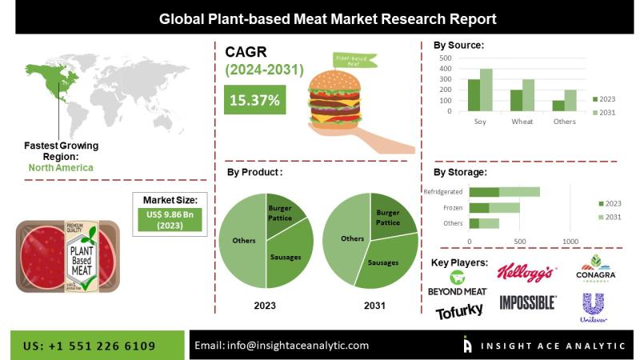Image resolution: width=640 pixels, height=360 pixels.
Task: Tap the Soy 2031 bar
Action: [x=486, y=90]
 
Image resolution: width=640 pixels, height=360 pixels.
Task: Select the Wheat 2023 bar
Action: [x=516, y=101]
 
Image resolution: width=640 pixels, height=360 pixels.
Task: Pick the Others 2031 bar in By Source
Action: [x=570, y=101]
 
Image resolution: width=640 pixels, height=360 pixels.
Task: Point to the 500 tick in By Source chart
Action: [x=445, y=58]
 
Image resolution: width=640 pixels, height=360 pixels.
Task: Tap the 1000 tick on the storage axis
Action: [x=570, y=241]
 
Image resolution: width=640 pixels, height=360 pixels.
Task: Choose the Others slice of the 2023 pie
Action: [x=242, y=240]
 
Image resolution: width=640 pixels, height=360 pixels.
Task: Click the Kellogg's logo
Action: [x=526, y=273]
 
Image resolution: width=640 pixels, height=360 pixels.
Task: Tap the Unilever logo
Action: [x=593, y=307]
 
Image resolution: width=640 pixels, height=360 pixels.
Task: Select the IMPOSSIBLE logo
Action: [x=527, y=302]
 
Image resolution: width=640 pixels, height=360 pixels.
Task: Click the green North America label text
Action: [x=61, y=168]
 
